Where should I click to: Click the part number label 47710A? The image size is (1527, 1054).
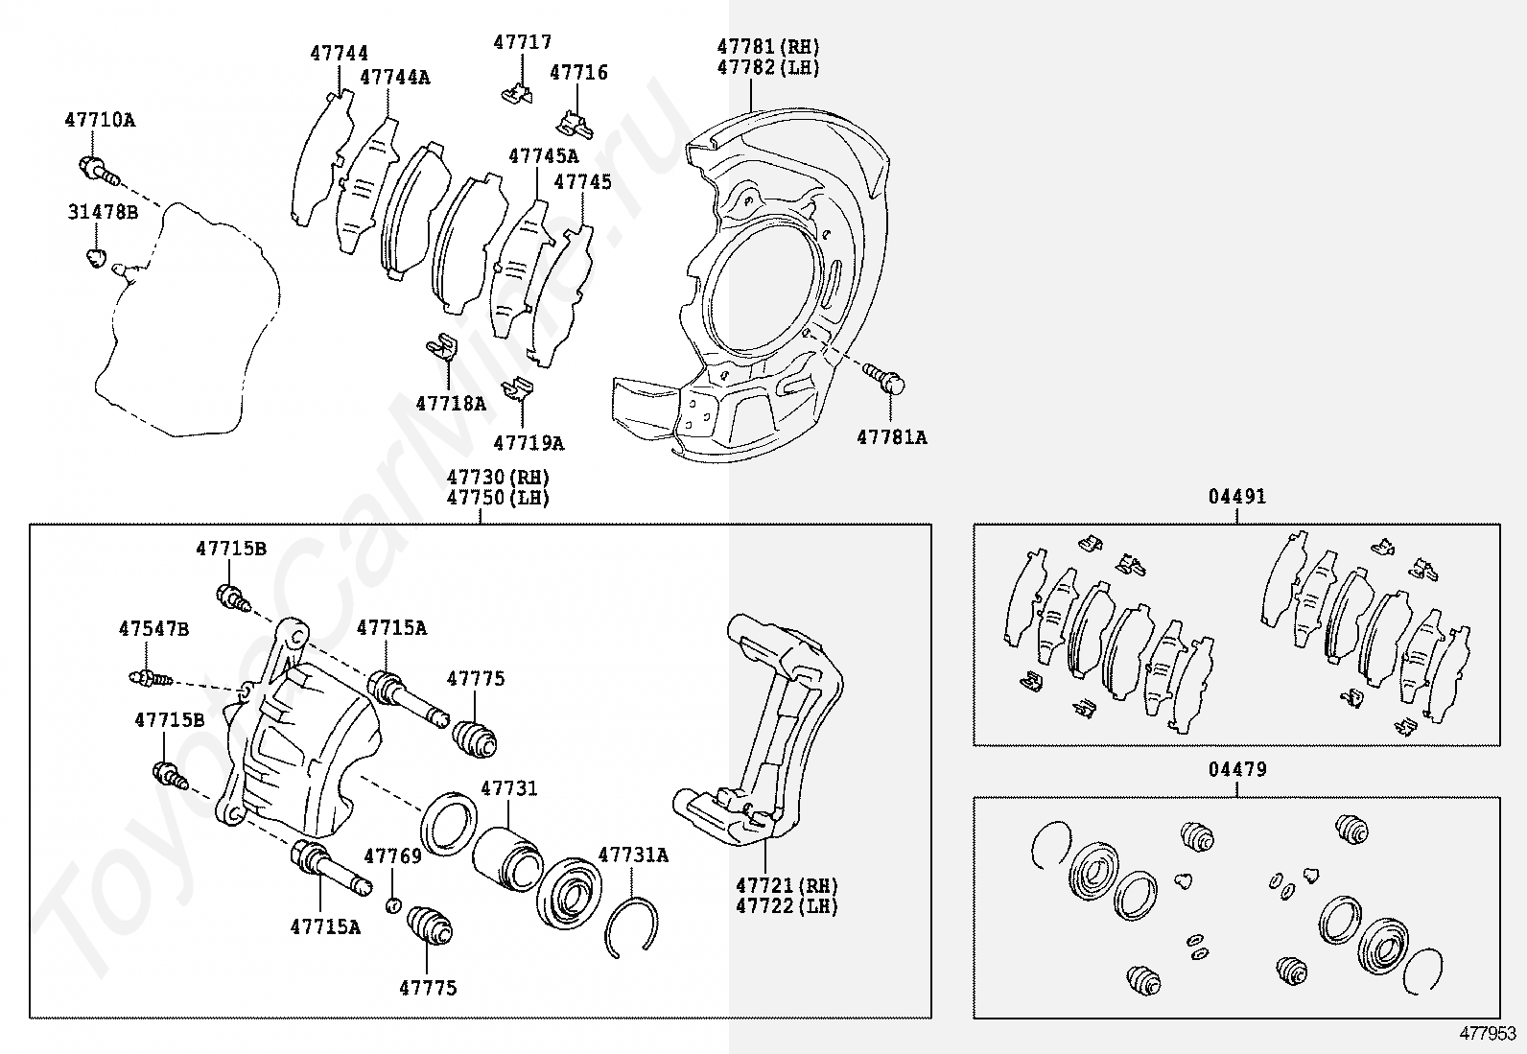click(x=100, y=120)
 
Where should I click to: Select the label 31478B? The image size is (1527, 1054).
click(x=103, y=212)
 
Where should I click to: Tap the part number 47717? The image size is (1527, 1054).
click(x=523, y=42)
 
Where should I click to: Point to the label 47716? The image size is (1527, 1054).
click(x=578, y=72)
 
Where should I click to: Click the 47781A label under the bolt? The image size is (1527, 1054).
click(x=892, y=437)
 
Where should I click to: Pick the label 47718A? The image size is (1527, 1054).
click(x=451, y=404)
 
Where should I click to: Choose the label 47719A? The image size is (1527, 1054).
click(x=529, y=443)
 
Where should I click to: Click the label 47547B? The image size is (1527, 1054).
click(x=153, y=629)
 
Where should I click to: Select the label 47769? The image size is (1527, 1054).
click(x=392, y=856)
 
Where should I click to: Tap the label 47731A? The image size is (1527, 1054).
click(x=633, y=855)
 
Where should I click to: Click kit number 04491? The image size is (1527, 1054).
click(x=1236, y=497)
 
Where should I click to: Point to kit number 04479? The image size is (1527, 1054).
click(x=1236, y=769)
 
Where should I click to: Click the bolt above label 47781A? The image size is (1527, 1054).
click(x=884, y=377)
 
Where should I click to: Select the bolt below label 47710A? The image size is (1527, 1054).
click(x=97, y=172)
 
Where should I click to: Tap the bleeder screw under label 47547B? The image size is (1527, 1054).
click(x=149, y=679)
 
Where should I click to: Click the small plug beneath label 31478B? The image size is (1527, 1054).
click(x=95, y=257)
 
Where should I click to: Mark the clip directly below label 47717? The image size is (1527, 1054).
click(x=517, y=93)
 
